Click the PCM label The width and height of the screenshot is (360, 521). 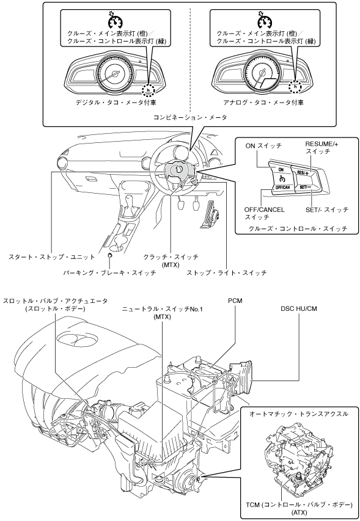tap(235, 301)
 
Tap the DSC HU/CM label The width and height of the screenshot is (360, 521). tap(299, 308)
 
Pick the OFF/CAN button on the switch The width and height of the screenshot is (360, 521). tap(283, 187)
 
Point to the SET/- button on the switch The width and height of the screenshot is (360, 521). tap(306, 187)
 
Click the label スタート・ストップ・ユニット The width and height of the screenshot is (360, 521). tap(52, 257)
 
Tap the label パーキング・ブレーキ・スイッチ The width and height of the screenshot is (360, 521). tap(109, 273)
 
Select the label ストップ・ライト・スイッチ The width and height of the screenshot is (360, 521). tap(226, 273)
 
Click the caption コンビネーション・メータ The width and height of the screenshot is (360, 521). tap(190, 117)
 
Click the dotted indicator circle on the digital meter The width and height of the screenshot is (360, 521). tap(149, 89)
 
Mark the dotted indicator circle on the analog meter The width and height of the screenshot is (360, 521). tap(295, 87)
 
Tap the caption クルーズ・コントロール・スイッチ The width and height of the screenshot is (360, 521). tap(298, 228)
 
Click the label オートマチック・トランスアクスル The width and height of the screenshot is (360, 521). tap(299, 414)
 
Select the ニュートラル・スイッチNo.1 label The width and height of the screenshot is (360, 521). tap(162, 309)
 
